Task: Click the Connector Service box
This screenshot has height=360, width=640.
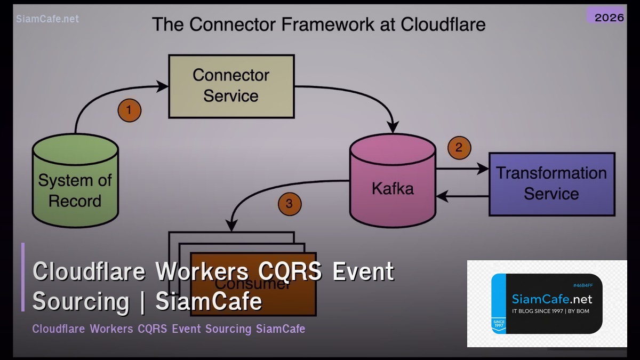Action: (231, 86)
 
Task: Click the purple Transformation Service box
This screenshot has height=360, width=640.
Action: (551, 184)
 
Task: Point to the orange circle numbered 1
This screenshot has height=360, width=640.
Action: (129, 111)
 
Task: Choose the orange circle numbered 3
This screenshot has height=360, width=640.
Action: (289, 204)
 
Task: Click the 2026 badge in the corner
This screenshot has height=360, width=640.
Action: (609, 17)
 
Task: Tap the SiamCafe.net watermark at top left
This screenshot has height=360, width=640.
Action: (47, 19)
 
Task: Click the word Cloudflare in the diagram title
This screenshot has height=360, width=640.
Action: (443, 25)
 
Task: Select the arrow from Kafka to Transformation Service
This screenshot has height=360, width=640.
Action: (462, 169)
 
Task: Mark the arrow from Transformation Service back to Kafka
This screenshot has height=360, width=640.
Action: (462, 196)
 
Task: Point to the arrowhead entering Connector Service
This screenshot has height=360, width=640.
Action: (163, 85)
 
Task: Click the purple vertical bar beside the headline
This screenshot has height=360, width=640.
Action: (23, 277)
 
